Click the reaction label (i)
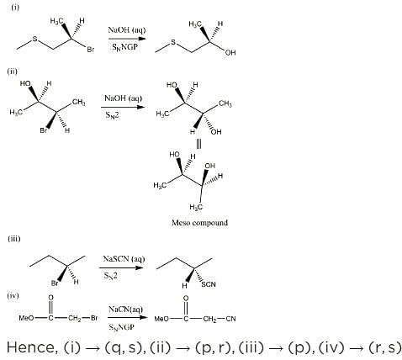[x=15, y=8]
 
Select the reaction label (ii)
[x=13, y=71]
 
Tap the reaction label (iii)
[x=14, y=239]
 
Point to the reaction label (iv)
[x=13, y=295]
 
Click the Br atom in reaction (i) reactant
[x=91, y=50]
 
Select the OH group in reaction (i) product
[x=230, y=52]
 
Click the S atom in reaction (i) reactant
[x=34, y=39]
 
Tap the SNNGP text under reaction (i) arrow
[x=125, y=47]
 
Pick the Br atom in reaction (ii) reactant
[x=44, y=130]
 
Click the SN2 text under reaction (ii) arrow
[x=112, y=115]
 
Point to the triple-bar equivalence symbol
[x=198, y=144]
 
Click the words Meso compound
[x=199, y=223]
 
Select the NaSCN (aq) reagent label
[x=124, y=258]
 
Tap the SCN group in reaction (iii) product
[x=209, y=284]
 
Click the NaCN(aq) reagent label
[x=125, y=310]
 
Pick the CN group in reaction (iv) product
[x=230, y=319]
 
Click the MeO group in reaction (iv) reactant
[x=26, y=318]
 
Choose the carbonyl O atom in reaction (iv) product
[x=186, y=298]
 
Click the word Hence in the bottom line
[x=32, y=347]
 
